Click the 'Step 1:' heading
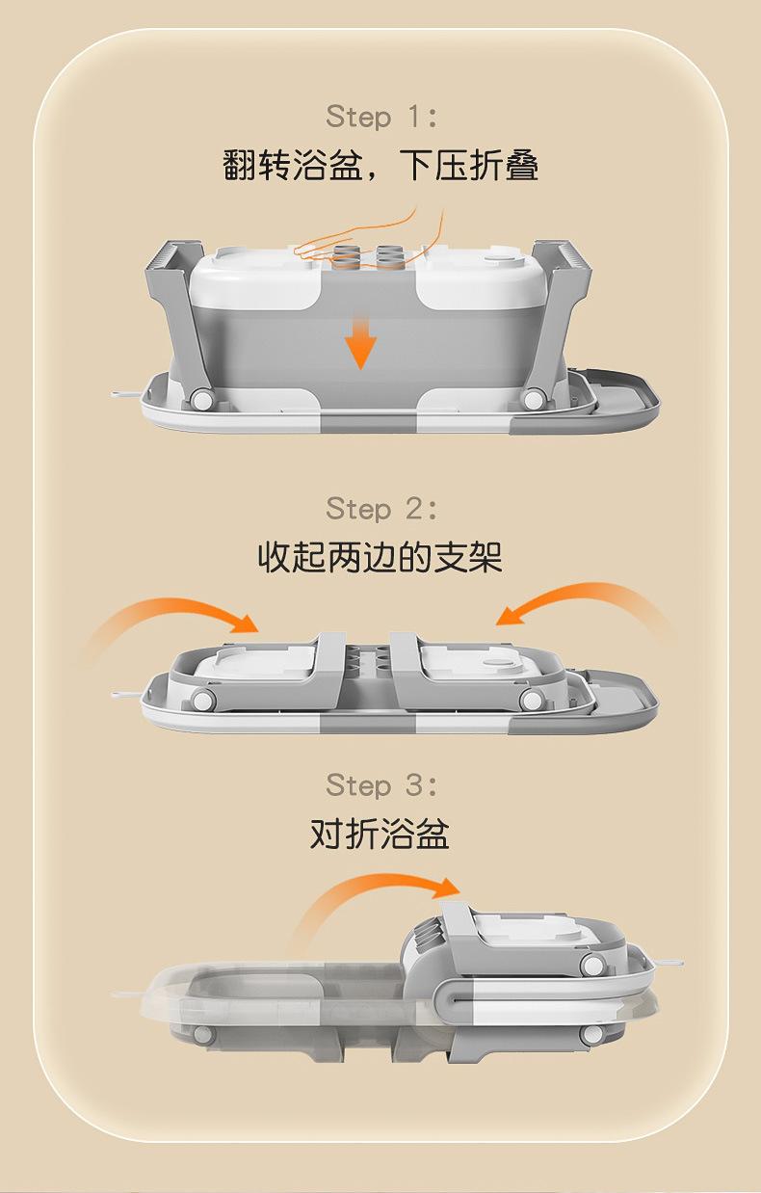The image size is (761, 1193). click(x=381, y=116)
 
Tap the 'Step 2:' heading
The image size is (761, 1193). click(x=381, y=509)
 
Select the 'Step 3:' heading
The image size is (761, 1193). click(x=381, y=785)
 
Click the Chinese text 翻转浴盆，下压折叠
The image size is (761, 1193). click(x=380, y=165)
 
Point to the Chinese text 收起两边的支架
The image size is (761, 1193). click(x=380, y=558)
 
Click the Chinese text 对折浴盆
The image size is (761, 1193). click(x=380, y=834)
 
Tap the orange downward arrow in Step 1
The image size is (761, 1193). click(x=360, y=342)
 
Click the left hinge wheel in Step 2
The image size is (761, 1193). click(x=202, y=701)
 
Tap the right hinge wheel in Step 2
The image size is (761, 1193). click(x=533, y=701)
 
